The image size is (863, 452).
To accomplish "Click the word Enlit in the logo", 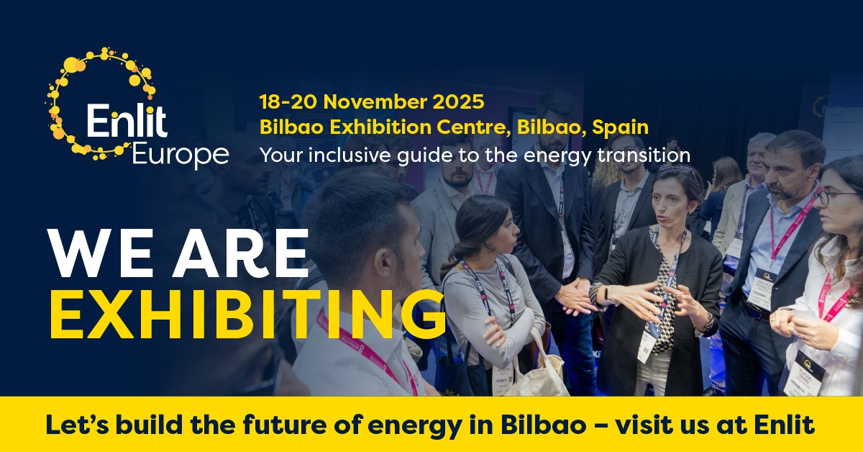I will pyautogui.click(x=127, y=121).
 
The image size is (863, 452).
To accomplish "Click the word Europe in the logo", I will pyautogui.click(x=181, y=153).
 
